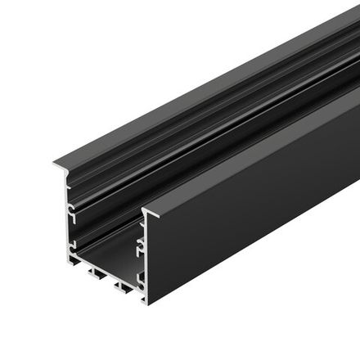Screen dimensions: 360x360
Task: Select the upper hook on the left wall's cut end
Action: pos(72,212)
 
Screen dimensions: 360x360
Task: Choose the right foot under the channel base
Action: pos(124,286)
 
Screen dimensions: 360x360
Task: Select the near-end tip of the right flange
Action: pos(144,212)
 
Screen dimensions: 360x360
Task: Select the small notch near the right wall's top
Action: pos(144,223)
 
